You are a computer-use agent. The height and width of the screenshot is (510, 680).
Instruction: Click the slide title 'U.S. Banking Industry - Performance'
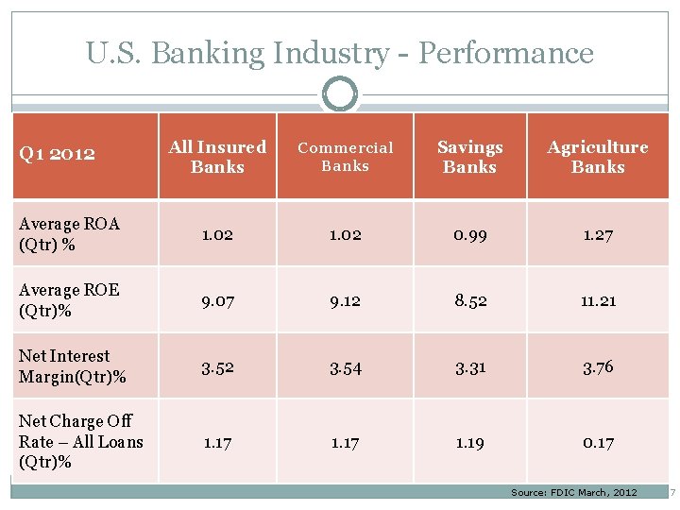340,53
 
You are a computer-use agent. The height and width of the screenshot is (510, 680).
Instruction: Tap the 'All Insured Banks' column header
217,157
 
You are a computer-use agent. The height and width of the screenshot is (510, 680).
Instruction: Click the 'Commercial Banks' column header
345,157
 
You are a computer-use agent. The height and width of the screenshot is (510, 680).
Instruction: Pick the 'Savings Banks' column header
469,157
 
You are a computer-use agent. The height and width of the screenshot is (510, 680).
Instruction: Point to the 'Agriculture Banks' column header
598,157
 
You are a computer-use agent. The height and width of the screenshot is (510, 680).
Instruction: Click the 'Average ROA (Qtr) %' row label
69,234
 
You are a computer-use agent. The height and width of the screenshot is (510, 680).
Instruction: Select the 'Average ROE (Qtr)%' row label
69,300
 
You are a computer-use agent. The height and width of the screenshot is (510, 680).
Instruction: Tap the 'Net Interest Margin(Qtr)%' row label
73,366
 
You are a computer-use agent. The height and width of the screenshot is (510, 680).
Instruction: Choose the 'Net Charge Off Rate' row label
80,441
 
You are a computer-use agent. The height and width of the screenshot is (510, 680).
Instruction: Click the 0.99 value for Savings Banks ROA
469,235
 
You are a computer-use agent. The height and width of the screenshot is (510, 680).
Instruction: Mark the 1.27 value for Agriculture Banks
598,235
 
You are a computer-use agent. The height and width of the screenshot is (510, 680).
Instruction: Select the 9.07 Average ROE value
217,301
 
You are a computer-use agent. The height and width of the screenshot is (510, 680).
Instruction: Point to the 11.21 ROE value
598,301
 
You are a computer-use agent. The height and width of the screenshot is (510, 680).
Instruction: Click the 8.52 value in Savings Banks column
469,301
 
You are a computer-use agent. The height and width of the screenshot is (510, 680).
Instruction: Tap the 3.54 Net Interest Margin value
345,367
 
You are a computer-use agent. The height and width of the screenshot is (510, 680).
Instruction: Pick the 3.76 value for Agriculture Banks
598,367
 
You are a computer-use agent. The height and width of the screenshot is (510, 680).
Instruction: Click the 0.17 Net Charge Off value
598,442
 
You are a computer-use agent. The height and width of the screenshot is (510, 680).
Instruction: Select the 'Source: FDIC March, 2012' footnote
574,493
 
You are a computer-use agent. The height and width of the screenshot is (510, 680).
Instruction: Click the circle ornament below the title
340,94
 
